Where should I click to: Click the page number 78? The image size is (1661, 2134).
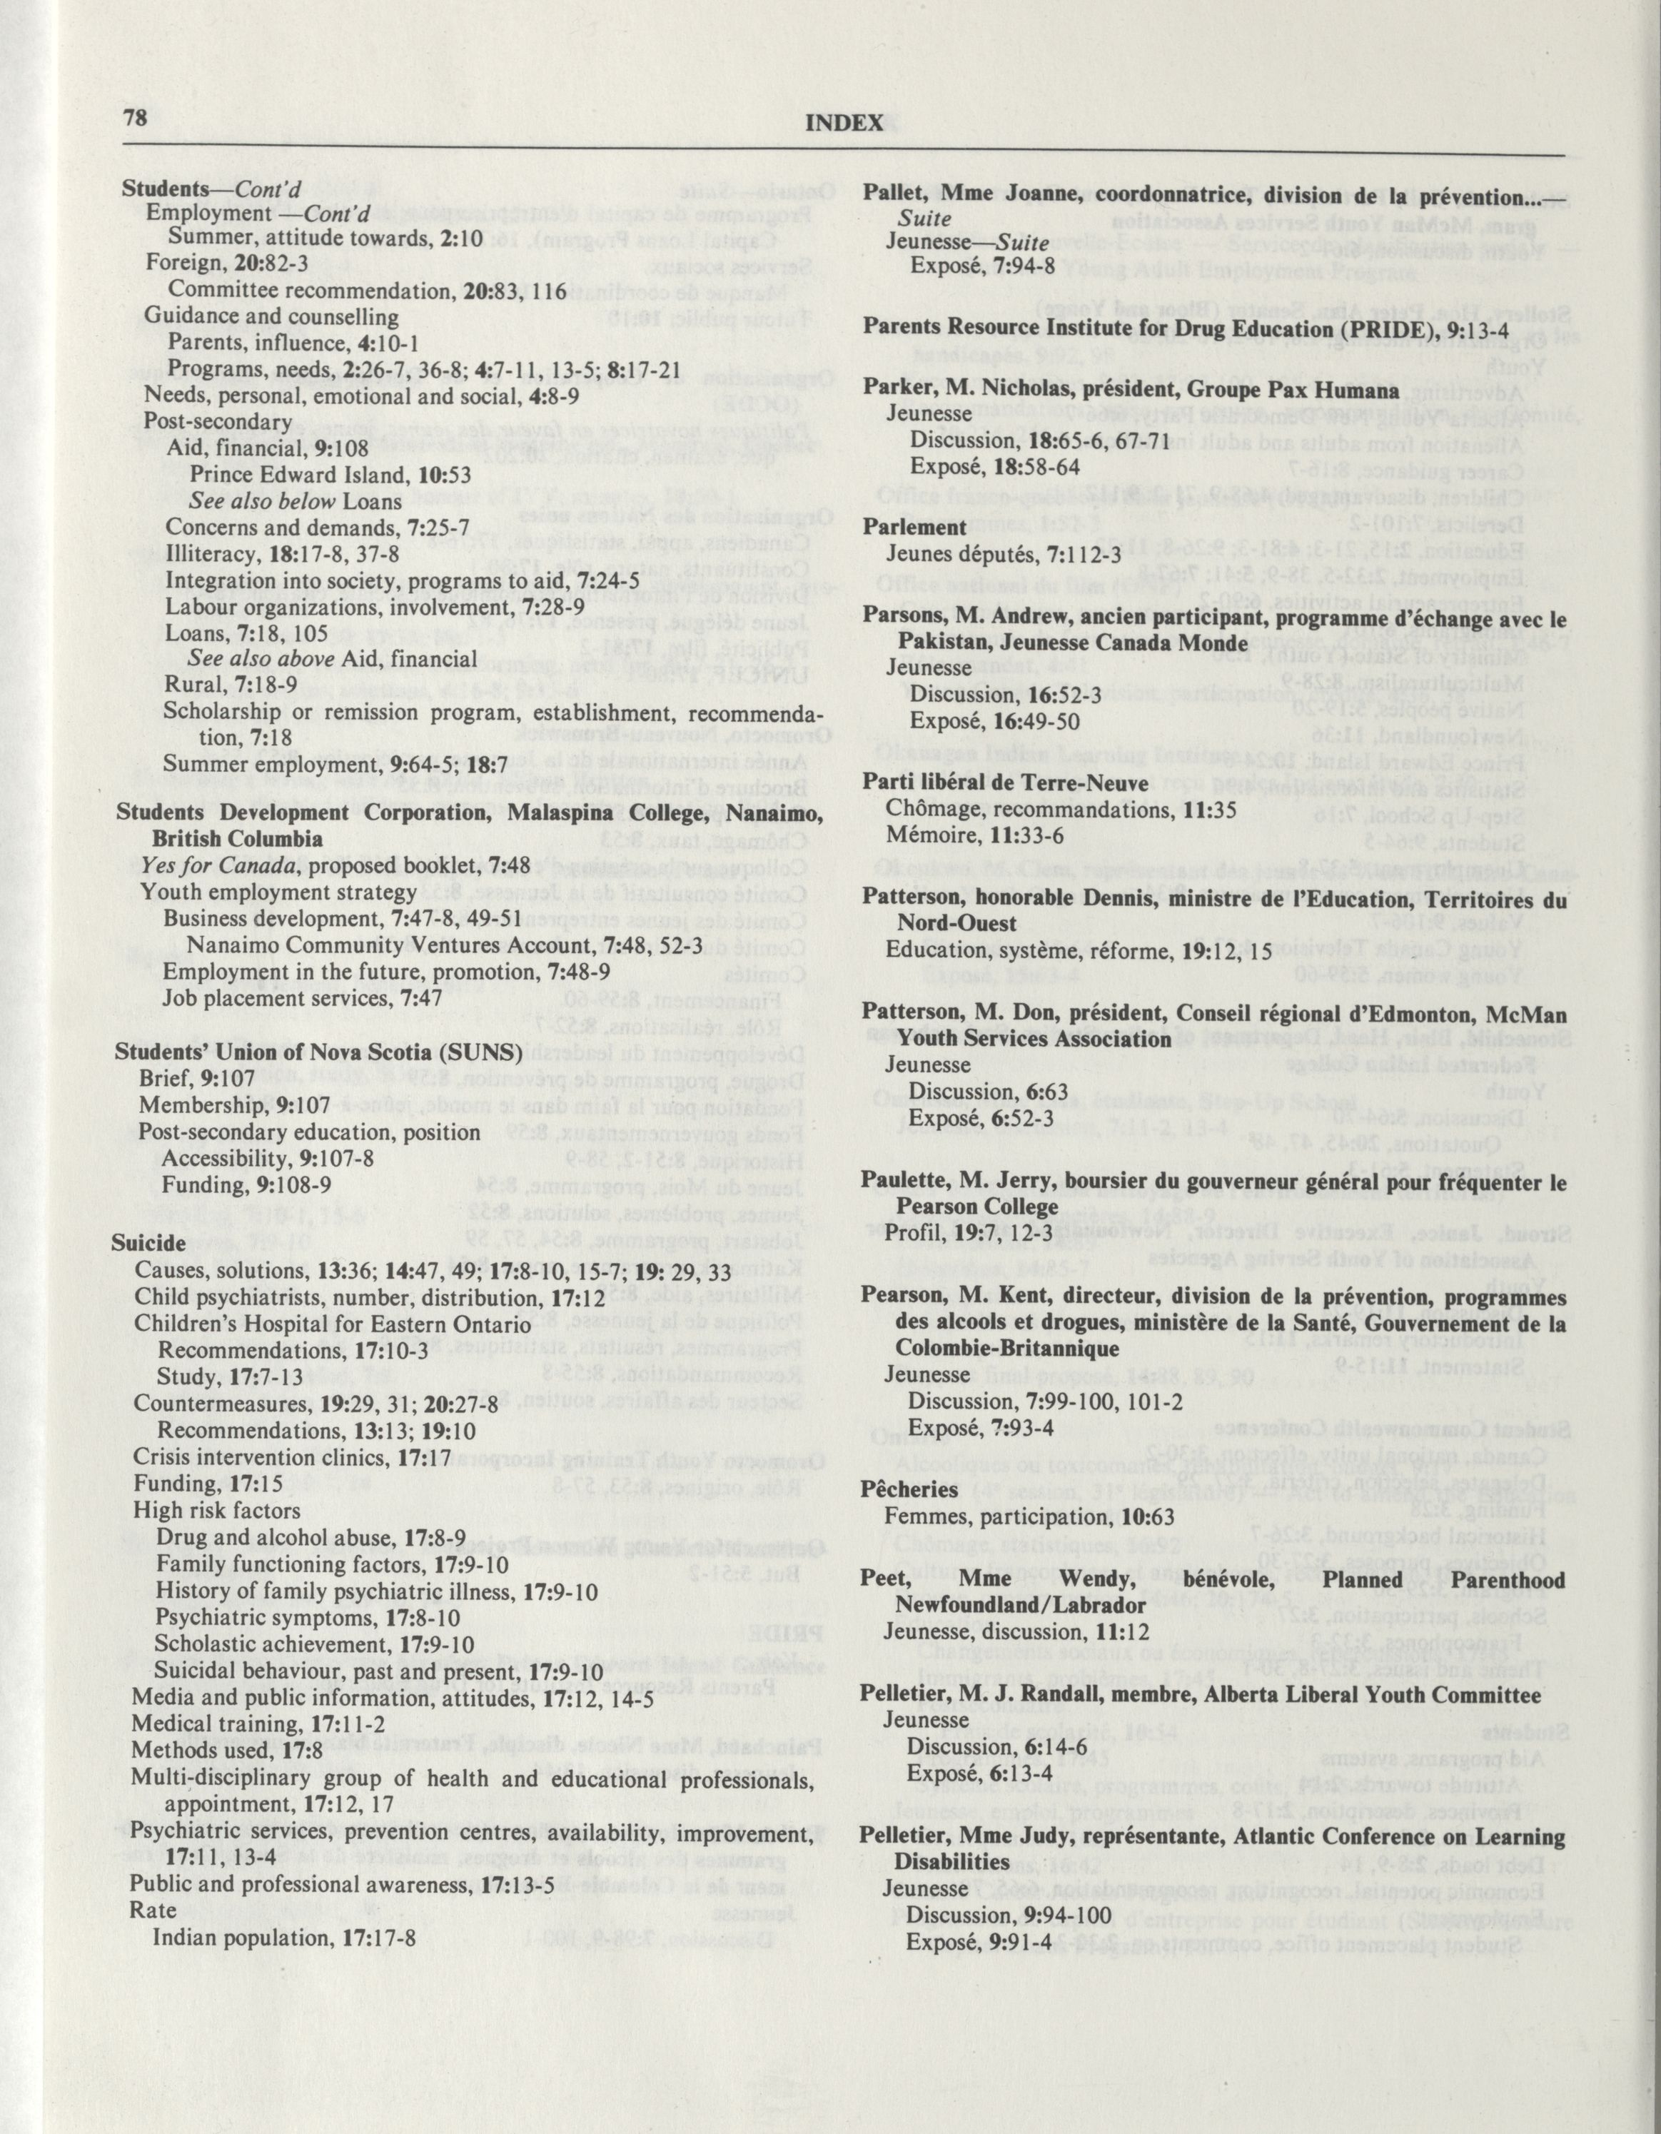tap(135, 119)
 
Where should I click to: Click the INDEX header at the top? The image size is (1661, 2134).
tap(844, 122)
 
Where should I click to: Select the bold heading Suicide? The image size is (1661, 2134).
tap(148, 1244)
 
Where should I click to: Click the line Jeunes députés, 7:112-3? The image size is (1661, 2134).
tap(1004, 554)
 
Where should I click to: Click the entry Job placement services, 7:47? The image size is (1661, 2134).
tap(302, 999)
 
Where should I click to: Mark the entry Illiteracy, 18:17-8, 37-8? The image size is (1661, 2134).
tap(283, 554)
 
